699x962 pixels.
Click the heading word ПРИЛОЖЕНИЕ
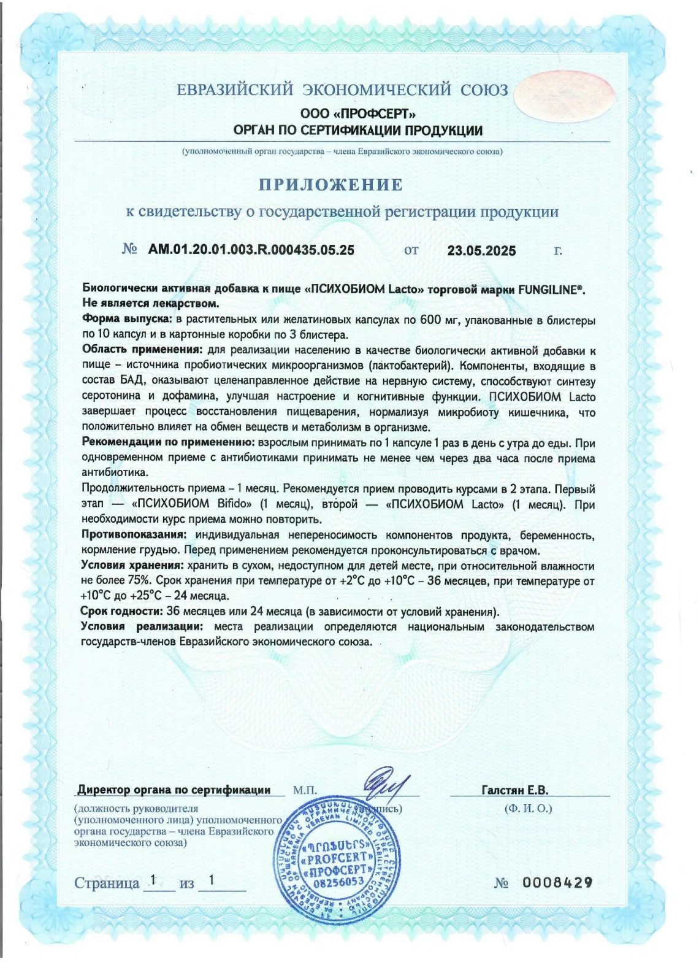330,185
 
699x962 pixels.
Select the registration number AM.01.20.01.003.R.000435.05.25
251,250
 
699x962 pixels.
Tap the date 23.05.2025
481,250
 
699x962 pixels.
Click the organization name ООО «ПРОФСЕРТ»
358,114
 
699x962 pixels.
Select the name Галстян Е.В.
515,790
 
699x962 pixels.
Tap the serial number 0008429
557,882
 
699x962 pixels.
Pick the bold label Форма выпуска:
127,320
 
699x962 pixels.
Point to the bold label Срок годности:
121,611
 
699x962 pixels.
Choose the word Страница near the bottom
107,883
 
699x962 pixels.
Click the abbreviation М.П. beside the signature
305,790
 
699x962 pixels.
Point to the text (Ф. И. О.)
528,808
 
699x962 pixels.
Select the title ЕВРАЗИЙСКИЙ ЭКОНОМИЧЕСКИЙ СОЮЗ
342,90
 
